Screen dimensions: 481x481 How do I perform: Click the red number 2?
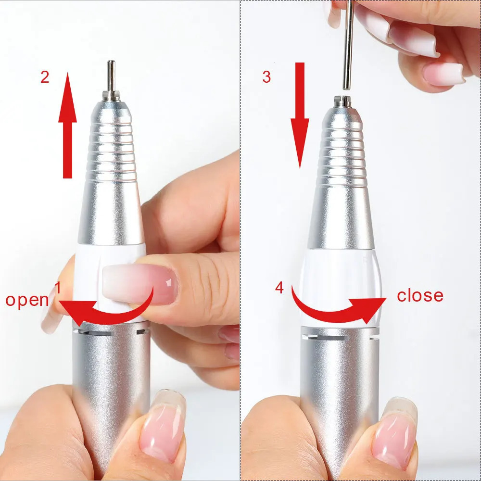point(45,77)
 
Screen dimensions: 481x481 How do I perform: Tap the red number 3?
point(266,77)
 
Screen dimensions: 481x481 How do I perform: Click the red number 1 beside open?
point(58,288)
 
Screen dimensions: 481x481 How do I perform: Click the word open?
point(27,300)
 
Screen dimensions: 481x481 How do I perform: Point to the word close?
point(420,295)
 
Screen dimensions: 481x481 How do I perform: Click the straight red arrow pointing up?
point(67,125)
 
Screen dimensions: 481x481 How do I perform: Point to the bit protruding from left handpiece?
point(112,79)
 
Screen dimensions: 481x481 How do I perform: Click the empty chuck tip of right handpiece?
point(342,101)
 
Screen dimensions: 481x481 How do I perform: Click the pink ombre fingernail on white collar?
point(139,284)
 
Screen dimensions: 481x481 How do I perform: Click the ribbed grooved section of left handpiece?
point(112,144)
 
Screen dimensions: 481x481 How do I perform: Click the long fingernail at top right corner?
point(443,72)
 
